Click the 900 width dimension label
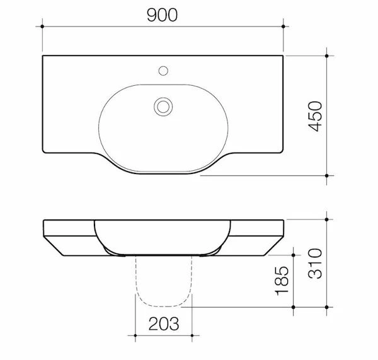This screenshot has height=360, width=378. (163, 15)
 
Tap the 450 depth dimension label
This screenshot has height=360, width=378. (316, 116)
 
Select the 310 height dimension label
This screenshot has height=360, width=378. (316, 264)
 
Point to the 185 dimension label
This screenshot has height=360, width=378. (282, 281)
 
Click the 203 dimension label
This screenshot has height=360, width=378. (164, 324)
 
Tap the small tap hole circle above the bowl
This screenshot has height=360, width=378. (163, 71)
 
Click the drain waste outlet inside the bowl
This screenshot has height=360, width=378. (163, 107)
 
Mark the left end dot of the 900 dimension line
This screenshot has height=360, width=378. (42, 26)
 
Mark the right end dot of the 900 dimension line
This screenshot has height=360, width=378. (283, 26)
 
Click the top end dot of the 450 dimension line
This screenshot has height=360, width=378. (326, 55)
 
